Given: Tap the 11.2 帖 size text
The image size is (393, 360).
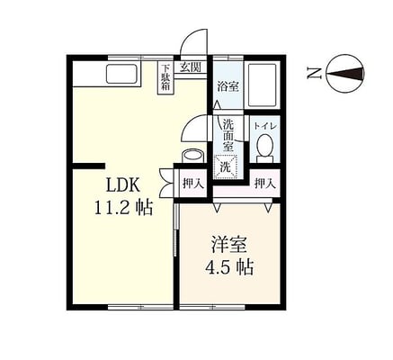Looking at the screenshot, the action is (123, 208).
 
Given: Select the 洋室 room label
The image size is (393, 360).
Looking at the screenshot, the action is (229, 245).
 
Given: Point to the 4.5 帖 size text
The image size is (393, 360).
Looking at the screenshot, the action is (229, 267).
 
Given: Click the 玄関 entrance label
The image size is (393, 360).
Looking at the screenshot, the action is (190, 67).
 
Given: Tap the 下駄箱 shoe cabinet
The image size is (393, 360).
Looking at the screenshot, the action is (166, 77).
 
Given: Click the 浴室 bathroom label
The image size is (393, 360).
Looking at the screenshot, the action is (228, 87).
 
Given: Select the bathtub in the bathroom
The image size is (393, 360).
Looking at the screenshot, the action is (263, 85).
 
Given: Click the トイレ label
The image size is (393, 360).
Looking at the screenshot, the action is (265, 126).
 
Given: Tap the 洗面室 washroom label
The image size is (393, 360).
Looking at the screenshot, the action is (228, 135).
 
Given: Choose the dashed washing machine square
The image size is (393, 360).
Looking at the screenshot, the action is (227, 167).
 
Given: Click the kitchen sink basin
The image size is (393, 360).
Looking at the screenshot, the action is (122, 75).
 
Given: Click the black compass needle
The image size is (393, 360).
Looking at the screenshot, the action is (344, 73).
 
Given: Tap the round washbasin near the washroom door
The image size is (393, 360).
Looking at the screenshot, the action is (193, 156).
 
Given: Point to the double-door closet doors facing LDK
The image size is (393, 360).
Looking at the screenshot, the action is (165, 184).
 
